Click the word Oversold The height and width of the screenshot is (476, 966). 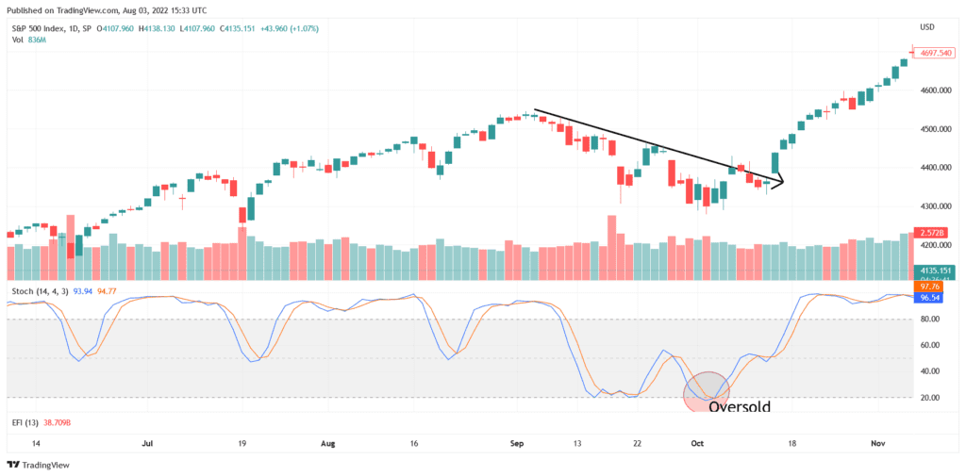[x=739, y=407]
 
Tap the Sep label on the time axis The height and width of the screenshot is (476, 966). [x=515, y=441]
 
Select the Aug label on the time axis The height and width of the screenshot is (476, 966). [x=328, y=441]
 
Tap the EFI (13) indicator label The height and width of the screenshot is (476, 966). [x=25, y=424]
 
